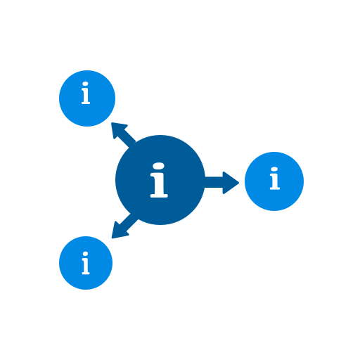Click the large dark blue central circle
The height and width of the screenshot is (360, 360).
tap(160, 180)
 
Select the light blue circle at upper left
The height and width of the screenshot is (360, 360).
tap(87, 98)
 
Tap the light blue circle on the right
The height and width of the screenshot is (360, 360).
tap(274, 181)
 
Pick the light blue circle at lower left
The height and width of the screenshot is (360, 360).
tap(86, 263)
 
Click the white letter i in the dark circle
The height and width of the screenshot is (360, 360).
tap(159, 180)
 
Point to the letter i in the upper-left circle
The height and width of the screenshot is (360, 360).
tap(86, 93)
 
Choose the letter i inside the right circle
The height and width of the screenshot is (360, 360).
tap(275, 179)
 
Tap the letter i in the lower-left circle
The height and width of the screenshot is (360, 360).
tap(86, 263)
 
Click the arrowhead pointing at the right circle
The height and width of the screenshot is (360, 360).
tap(231, 183)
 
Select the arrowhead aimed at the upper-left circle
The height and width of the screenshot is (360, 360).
tap(118, 129)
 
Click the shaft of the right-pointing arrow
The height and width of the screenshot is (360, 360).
tap(214, 182)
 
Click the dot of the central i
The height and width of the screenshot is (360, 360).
tap(159, 166)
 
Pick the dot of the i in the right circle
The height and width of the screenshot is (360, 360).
tap(274, 169)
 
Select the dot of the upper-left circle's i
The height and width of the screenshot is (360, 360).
tap(85, 84)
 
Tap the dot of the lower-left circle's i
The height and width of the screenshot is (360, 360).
tap(86, 254)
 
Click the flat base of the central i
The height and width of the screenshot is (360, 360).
tap(159, 195)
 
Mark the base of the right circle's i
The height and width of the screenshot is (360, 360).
tap(275, 188)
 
